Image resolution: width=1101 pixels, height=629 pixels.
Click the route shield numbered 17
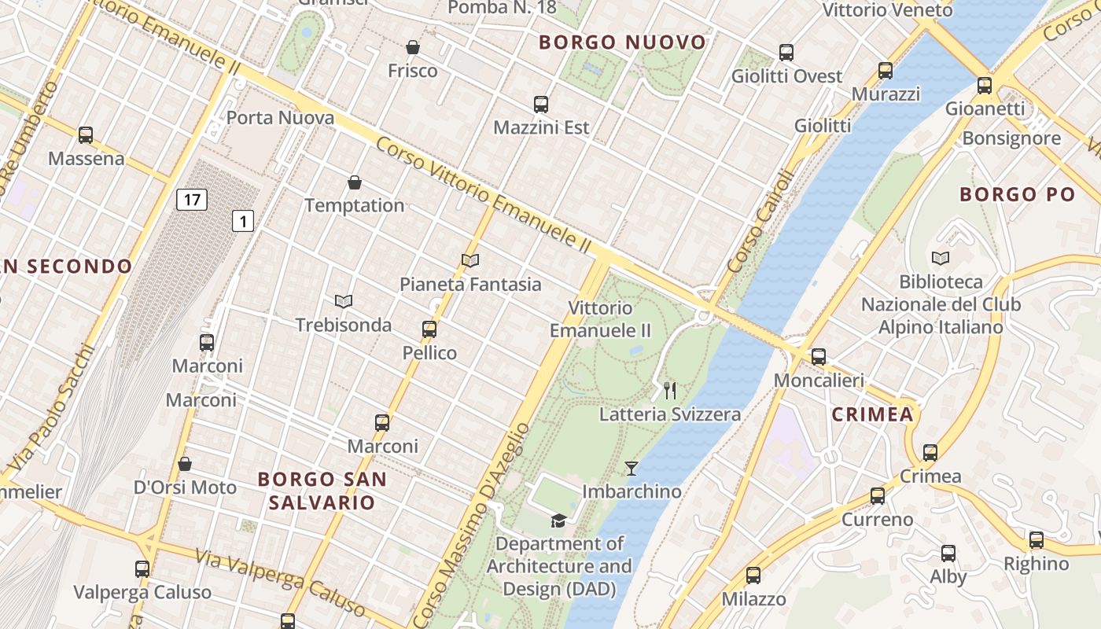tap(192, 200)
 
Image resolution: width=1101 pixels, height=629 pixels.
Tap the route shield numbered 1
tap(243, 221)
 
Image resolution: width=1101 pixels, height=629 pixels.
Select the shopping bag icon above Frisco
tap(412, 47)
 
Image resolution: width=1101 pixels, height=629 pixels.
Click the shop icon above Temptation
tap(355, 182)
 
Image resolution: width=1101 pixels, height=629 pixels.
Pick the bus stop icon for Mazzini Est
tap(540, 104)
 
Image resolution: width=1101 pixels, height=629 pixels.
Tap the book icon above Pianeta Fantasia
tap(470, 260)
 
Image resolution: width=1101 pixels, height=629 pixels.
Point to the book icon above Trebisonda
tap(343, 301)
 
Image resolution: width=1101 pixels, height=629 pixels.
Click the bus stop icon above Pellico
tap(429, 329)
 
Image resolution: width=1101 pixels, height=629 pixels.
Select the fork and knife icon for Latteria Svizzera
tap(670, 390)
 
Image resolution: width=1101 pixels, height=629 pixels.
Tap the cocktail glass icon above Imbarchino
tap(631, 469)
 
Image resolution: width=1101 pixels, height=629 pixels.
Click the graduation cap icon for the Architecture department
tap(558, 520)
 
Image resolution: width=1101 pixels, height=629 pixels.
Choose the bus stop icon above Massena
tap(86, 134)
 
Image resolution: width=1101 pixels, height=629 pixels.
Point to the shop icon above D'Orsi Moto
tap(184, 464)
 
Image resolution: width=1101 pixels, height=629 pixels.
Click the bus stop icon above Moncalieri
tap(819, 356)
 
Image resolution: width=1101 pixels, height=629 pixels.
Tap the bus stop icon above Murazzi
tap(886, 71)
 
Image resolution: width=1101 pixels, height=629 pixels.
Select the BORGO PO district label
tap(1017, 194)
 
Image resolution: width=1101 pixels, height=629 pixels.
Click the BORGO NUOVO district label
tap(622, 42)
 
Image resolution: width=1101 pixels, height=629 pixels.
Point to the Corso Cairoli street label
tap(762, 223)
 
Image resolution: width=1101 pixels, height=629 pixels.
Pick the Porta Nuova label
tap(280, 118)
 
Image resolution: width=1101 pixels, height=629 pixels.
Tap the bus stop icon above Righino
tap(1037, 540)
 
